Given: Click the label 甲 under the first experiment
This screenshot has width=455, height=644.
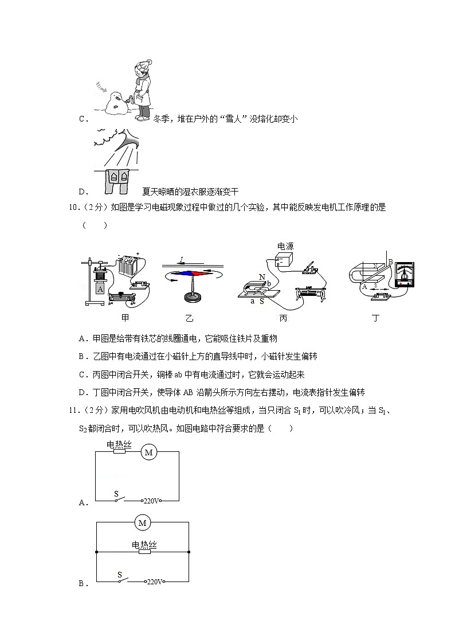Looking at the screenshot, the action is point(125,317).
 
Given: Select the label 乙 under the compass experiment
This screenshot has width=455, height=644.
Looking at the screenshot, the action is point(189,317).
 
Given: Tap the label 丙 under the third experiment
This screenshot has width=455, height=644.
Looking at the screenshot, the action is point(283,317).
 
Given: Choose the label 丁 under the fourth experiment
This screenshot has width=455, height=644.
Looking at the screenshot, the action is point(376,317).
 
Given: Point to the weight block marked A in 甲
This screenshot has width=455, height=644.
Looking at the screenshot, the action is point(100,289).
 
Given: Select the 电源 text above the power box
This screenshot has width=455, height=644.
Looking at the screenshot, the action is point(285,245).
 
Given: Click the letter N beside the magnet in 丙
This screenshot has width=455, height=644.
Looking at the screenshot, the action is point(262,277).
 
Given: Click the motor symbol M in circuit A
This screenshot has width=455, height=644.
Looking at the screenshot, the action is point(149,452).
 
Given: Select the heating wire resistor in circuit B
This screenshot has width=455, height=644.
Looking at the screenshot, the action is point(144,552).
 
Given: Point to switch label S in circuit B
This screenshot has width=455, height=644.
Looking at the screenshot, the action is point(119,573).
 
